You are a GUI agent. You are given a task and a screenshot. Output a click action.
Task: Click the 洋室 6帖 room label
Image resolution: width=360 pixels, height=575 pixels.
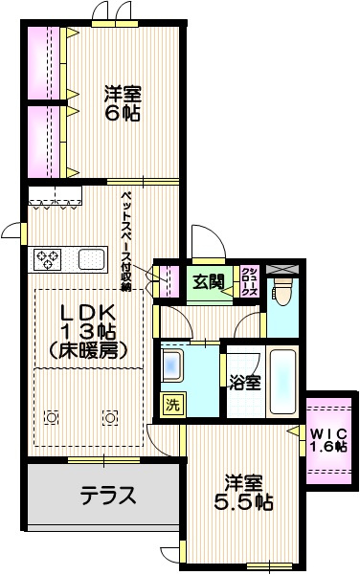[x=123, y=102]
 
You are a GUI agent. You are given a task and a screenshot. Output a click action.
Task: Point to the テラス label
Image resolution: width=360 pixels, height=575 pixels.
[x=107, y=497]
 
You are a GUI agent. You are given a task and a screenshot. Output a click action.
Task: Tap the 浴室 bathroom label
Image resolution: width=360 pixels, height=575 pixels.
[x=244, y=384]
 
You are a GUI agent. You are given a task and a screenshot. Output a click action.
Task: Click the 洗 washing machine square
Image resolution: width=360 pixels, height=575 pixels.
[x=172, y=405]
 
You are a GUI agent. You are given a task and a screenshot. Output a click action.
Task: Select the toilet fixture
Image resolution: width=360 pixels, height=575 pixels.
[x=281, y=290]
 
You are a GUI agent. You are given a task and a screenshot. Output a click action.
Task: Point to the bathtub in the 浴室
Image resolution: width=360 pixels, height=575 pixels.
[x=282, y=381]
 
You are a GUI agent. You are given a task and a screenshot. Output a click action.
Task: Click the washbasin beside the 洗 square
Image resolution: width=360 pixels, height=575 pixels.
[x=173, y=365]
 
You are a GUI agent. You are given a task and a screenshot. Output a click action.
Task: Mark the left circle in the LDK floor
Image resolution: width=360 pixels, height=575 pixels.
[x=51, y=416]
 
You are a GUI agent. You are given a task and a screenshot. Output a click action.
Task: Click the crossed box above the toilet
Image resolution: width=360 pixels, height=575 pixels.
[x=282, y=269]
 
